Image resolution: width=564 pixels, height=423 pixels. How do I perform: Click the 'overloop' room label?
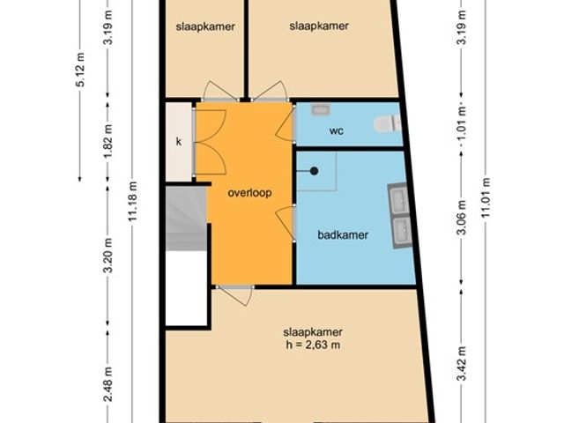tap(249, 193)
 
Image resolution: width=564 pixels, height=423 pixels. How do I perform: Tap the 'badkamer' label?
tap(343, 235)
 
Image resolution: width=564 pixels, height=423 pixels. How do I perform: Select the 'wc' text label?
tap(337, 130)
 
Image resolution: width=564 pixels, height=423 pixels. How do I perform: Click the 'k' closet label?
tap(179, 142)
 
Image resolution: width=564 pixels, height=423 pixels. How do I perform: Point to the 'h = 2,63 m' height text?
tap(313, 345)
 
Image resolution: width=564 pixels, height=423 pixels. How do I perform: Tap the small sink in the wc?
tap(321, 108)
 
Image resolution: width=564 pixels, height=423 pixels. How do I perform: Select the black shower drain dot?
tap(314, 171)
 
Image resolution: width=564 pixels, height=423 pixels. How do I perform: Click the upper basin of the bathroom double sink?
tap(399, 199)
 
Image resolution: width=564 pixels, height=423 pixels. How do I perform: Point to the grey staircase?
tap(186, 219)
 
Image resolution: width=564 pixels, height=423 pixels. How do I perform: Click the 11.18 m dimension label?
tap(132, 202)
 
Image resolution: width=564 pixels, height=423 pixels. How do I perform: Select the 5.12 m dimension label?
tap(81, 70)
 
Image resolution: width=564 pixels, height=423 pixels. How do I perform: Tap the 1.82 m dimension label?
tap(108, 141)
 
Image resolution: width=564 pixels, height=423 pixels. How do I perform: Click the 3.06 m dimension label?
tap(462, 218)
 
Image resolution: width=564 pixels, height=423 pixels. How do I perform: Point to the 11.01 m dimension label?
tap(486, 197)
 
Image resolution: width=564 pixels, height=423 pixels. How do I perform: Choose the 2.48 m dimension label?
tap(108, 384)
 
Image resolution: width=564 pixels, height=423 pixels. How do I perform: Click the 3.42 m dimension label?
tap(462, 363)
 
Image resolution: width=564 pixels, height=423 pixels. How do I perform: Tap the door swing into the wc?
tap(286, 124)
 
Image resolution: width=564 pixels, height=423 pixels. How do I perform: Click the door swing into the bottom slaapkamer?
tap(235, 296)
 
